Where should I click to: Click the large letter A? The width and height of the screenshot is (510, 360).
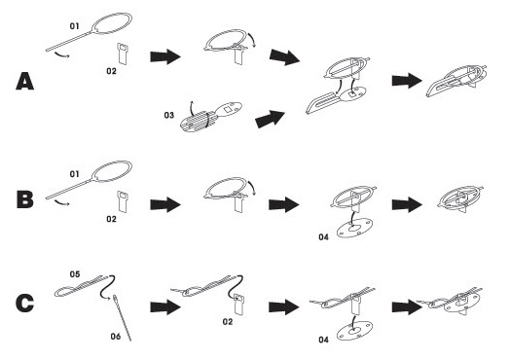[x=25, y=82]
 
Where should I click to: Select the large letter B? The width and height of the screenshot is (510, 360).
[x=25, y=199]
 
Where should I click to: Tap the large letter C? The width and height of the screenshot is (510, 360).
[x=24, y=304]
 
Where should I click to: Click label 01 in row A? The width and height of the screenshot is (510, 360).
[x=75, y=26]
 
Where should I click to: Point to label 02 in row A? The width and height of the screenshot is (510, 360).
[x=111, y=71]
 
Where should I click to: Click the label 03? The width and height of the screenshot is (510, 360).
[x=169, y=115]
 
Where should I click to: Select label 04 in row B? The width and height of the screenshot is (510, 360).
[x=324, y=237]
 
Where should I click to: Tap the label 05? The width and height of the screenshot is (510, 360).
[x=75, y=274]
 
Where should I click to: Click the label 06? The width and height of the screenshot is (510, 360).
[x=116, y=337]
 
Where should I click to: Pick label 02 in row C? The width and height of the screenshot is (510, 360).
[x=228, y=322]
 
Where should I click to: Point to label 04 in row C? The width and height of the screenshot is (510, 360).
[x=324, y=340]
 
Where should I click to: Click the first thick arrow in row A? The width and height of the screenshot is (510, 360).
[x=165, y=56]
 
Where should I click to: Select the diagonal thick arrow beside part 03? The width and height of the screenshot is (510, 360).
[x=270, y=119]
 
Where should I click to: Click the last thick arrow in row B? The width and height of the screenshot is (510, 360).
[x=407, y=204]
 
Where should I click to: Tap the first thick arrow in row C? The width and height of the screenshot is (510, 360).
[x=165, y=306]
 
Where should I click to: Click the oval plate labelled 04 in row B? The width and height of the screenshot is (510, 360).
[x=354, y=228]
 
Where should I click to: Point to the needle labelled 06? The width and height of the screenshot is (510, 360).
[x=123, y=318]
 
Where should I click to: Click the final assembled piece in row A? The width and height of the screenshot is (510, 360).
[x=456, y=82]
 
